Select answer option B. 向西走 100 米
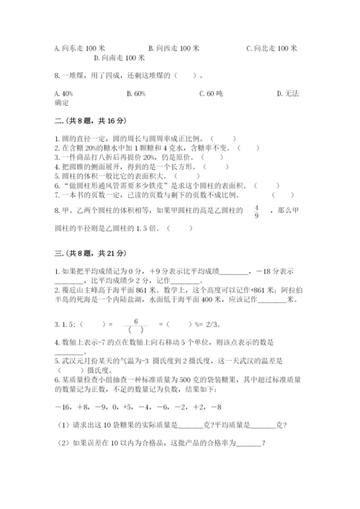coord(174,48)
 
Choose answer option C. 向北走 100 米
coord(271,48)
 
